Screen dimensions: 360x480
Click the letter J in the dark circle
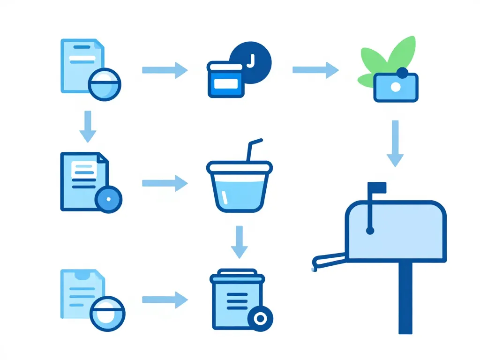251,60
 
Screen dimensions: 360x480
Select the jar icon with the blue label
225,80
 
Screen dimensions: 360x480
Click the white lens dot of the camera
396,87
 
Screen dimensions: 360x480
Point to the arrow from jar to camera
315,70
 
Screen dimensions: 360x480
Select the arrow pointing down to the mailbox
395,143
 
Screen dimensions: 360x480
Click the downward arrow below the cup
239,241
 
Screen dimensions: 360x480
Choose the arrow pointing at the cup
165,182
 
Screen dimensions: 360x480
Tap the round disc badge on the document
108,199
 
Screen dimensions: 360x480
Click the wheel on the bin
260,319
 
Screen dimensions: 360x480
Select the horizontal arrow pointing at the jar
165,70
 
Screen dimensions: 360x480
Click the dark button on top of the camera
402,72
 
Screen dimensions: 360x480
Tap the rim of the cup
239,165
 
